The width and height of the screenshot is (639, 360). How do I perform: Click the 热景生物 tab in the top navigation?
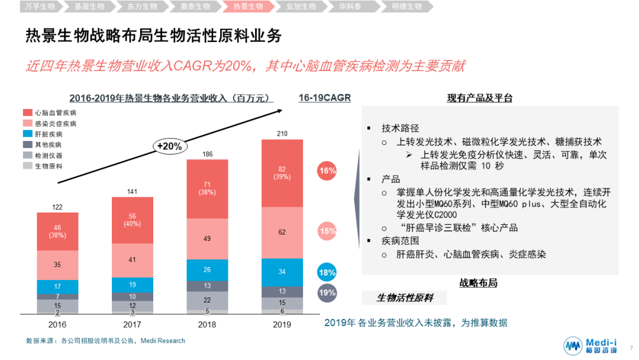click(248, 7)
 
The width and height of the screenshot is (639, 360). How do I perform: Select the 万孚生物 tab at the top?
click(40, 7)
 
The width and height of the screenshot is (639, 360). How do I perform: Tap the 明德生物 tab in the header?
click(407, 7)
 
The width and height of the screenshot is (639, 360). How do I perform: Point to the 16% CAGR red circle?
click(327, 171)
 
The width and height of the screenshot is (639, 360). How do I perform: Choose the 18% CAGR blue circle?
click(327, 273)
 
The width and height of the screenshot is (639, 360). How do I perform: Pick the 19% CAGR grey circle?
click(327, 292)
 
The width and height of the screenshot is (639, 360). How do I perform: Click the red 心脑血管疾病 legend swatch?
click(27, 112)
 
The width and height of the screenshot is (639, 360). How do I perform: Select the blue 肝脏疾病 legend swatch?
click(27, 134)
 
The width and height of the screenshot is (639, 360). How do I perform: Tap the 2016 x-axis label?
click(57, 324)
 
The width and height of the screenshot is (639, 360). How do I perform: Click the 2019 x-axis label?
click(282, 324)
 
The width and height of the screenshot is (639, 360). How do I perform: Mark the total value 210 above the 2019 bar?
click(282, 134)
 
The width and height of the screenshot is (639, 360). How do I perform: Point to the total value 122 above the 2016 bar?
click(57, 207)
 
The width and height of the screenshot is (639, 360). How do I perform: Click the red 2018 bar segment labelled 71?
click(207, 188)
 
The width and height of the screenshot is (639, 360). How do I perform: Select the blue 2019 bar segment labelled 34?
click(282, 272)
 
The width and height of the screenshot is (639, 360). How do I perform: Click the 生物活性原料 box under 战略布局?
click(405, 297)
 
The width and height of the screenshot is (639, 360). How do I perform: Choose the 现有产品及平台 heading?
click(479, 98)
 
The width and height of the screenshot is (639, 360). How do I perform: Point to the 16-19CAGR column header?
click(324, 98)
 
